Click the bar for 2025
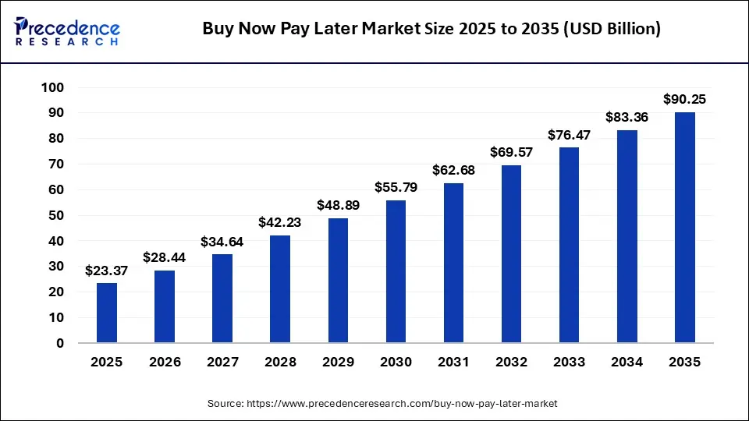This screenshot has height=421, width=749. point(107,313)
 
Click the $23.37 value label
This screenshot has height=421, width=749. point(107,271)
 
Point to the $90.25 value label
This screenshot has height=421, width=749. point(685,99)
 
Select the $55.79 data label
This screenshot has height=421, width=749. point(396,187)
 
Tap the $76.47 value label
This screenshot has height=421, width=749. point(570,134)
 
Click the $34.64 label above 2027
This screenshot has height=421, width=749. point(222,242)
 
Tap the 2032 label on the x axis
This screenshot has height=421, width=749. point(511,362)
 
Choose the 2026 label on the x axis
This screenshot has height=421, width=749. point(165,362)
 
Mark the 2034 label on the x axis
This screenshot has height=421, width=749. point(627,362)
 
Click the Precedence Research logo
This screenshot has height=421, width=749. point(67,30)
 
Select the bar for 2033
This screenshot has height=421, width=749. point(570,245)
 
